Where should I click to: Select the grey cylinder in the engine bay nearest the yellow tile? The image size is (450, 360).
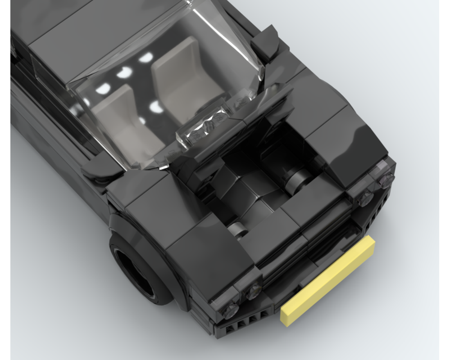237,229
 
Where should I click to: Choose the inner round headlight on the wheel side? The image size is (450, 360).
254,291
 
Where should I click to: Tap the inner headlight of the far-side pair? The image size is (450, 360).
366,197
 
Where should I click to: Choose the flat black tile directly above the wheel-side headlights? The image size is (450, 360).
212,252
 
